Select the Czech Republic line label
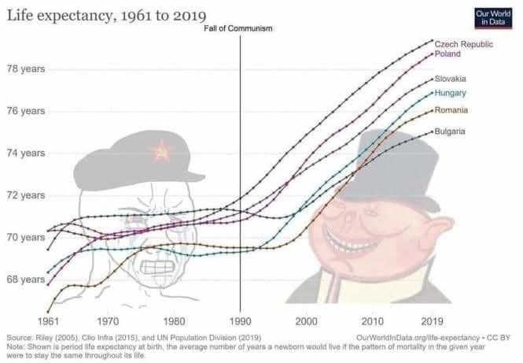coord(465,44)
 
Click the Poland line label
coord(448,54)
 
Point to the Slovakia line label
coord(451,80)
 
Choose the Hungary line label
coord(451,94)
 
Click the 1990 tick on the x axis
coord(240,321)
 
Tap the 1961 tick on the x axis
coord(49,321)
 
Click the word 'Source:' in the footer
coord(19,336)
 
